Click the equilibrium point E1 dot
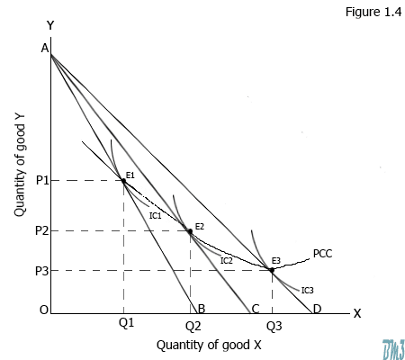tap(123, 181)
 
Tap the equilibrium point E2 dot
tap(190, 231)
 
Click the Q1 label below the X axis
tap(125, 322)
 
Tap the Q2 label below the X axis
tap(193, 323)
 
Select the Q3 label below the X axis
tap(274, 323)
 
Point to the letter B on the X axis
tap(202, 310)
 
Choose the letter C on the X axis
tap(255, 310)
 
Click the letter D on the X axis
tap(316, 310)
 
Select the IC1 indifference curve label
tap(155, 216)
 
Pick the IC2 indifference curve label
tap(227, 260)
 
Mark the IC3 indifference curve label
tap(307, 290)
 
